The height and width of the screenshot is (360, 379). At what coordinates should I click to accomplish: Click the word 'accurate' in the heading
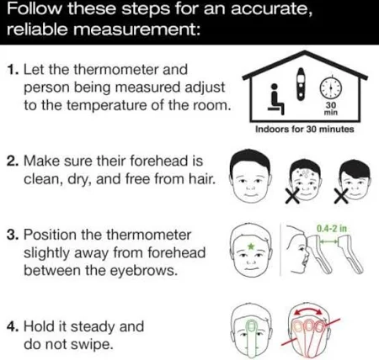[270, 9]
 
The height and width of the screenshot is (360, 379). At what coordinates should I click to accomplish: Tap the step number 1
[12, 70]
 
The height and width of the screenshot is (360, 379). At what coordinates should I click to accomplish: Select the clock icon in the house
[331, 87]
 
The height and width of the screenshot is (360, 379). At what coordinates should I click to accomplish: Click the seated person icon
[275, 99]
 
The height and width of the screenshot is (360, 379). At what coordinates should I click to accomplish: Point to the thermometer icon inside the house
[301, 84]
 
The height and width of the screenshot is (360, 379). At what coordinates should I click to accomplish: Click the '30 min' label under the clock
[331, 109]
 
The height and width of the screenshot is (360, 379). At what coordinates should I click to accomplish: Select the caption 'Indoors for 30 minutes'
[305, 130]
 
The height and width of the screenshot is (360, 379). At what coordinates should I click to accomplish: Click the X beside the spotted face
[293, 195]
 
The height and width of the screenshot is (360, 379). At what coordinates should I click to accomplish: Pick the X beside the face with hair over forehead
[341, 195]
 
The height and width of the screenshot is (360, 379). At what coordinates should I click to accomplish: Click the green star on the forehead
[251, 246]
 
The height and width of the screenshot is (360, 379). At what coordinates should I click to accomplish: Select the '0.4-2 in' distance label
[332, 229]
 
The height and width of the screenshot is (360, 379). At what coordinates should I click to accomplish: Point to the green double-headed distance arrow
[329, 241]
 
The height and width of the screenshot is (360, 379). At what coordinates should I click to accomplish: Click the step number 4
[13, 326]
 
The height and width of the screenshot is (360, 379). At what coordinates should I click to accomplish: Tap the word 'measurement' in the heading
[136, 29]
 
